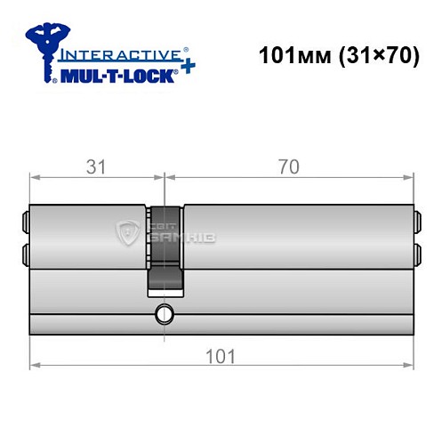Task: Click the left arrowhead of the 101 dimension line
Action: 35,365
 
